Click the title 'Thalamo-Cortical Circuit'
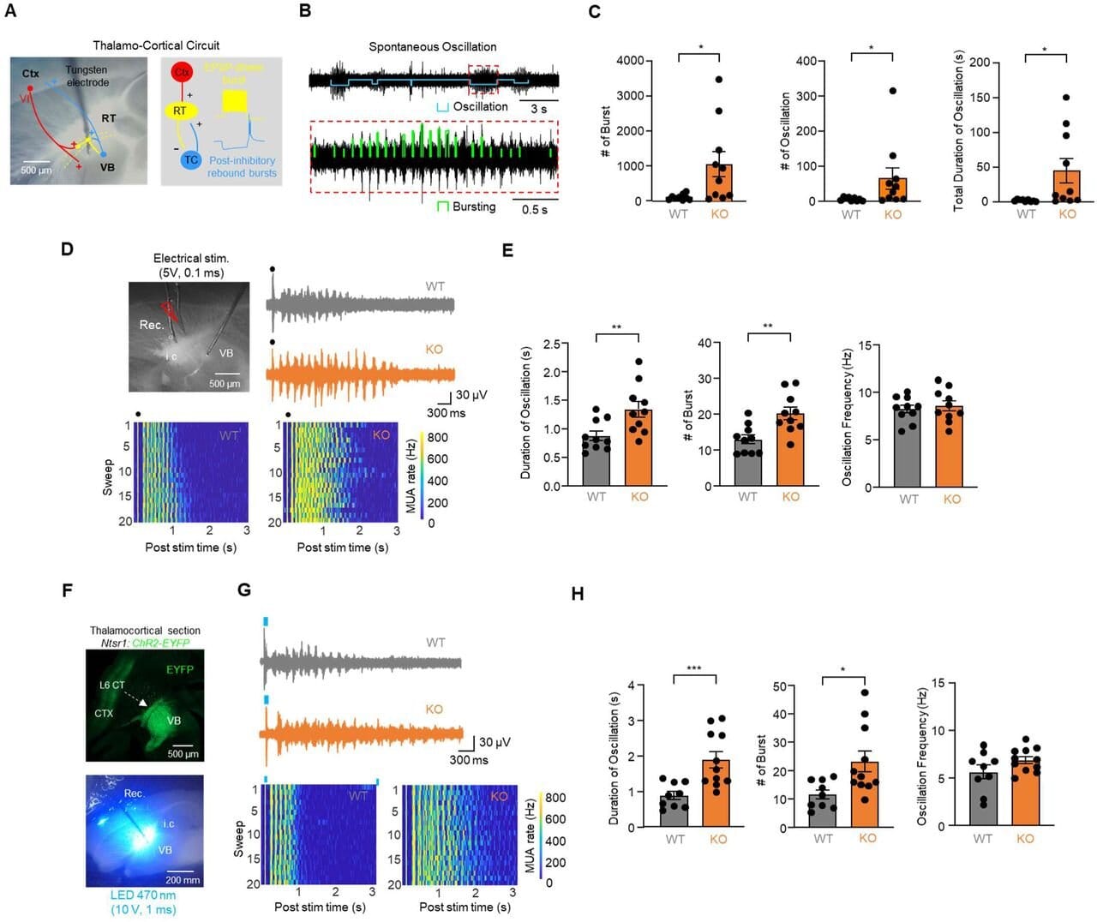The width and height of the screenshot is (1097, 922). [156, 45]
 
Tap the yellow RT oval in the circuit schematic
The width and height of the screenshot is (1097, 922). [180, 111]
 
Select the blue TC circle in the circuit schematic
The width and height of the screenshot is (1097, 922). [190, 159]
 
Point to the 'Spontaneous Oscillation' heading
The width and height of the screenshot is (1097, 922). [432, 47]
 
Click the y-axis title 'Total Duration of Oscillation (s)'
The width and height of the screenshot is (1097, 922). [959, 130]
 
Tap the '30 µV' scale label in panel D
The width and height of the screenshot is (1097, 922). [471, 395]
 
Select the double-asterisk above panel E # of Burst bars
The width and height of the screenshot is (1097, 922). [768, 326]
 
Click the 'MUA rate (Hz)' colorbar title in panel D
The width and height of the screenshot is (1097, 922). [411, 476]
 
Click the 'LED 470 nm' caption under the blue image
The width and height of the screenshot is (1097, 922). [143, 895]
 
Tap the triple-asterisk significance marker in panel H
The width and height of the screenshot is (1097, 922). [694, 669]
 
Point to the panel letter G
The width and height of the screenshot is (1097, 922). [244, 590]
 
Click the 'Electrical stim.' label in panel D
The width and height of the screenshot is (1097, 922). [191, 258]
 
